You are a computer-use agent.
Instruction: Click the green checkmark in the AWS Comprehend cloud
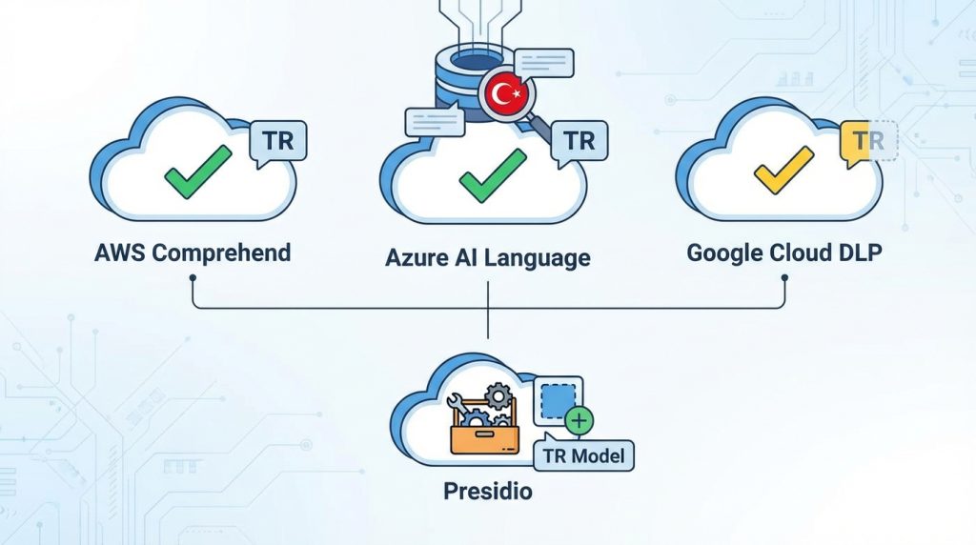pyautogui.click(x=198, y=172)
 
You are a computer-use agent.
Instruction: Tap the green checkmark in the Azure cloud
pyautogui.click(x=492, y=175)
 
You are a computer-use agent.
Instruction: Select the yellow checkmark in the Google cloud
pyautogui.click(x=783, y=170)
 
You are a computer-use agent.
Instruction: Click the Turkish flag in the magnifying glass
pyautogui.click(x=506, y=95)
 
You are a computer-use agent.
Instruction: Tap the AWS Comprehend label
pyautogui.click(x=193, y=253)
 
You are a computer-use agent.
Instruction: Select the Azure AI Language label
pyautogui.click(x=488, y=257)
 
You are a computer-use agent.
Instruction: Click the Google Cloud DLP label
pyautogui.click(x=784, y=253)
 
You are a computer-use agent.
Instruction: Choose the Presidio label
pyautogui.click(x=488, y=492)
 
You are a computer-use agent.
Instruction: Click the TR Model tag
pyautogui.click(x=584, y=454)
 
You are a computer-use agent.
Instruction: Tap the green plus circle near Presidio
pyautogui.click(x=579, y=421)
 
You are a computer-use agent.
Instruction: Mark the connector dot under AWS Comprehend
pyautogui.click(x=193, y=277)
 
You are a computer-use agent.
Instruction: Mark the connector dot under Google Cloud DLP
pyautogui.click(x=784, y=277)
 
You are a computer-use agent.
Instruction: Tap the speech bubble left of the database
pyautogui.click(x=435, y=122)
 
